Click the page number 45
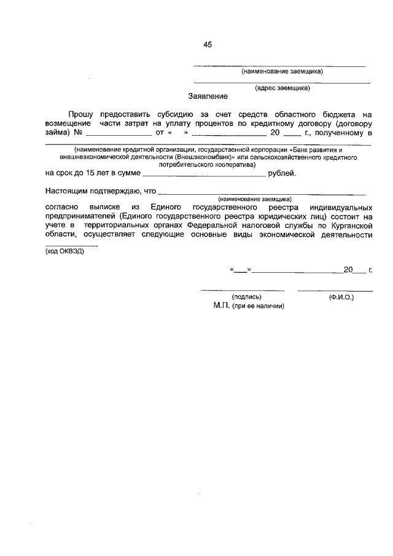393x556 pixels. pyautogui.click(x=208, y=45)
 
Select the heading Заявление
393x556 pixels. pyautogui.click(x=208, y=96)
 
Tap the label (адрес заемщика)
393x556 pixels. pyautogui.click(x=282, y=87)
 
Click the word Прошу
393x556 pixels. pyautogui.click(x=80, y=114)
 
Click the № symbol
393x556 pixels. pyautogui.click(x=78, y=132)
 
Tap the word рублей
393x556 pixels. pyautogui.click(x=282, y=173)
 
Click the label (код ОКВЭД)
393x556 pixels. pyautogui.click(x=64, y=251)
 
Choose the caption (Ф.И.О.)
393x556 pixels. pyautogui.click(x=341, y=297)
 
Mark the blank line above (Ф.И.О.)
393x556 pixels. pyautogui.click(x=335, y=289)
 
